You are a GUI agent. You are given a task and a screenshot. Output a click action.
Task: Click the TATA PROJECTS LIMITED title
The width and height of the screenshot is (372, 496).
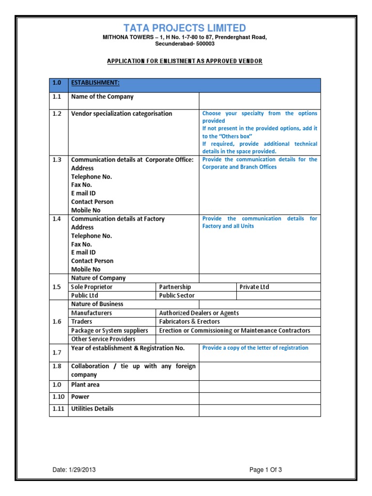(184, 28)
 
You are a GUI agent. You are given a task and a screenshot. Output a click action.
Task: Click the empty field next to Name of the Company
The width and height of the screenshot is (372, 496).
(259, 100)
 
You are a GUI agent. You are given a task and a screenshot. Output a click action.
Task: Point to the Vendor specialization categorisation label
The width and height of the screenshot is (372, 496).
(122, 114)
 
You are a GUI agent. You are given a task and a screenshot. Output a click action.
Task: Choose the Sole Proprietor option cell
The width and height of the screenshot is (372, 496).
(92, 287)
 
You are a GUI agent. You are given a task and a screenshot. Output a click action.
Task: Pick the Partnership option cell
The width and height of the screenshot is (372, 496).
(175, 287)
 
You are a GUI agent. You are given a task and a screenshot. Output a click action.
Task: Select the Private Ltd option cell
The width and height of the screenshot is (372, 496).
(254, 287)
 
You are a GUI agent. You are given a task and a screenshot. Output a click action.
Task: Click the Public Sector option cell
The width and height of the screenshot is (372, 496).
(177, 295)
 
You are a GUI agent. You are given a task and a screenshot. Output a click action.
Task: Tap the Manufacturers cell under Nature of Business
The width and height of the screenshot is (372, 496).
(92, 313)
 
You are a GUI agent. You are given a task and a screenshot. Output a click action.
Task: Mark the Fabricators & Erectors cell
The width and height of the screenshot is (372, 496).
(189, 322)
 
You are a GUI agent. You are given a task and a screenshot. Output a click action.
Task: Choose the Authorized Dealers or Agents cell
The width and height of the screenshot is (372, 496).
(199, 313)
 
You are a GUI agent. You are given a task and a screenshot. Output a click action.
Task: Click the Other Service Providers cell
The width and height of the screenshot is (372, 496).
(103, 339)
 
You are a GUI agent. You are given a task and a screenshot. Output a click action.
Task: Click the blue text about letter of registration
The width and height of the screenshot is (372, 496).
(255, 348)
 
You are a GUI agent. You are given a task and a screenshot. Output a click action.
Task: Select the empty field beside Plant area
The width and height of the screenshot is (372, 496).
(259, 386)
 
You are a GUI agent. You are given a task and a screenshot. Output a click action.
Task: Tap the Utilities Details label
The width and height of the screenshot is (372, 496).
(92, 409)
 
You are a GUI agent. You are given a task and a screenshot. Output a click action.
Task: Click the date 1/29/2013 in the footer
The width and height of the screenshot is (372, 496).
(77, 470)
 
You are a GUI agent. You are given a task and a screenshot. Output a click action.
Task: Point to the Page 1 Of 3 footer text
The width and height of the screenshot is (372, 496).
(265, 470)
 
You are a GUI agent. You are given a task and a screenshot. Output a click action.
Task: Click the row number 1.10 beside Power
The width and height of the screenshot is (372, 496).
(58, 397)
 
